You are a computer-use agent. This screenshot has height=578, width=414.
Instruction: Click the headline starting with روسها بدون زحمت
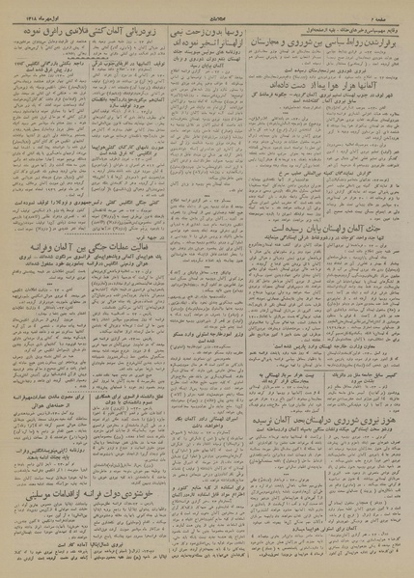[208, 33]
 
